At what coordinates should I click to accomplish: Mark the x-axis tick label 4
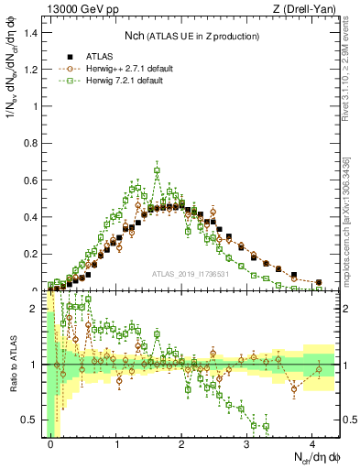click(x=312, y=444)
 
